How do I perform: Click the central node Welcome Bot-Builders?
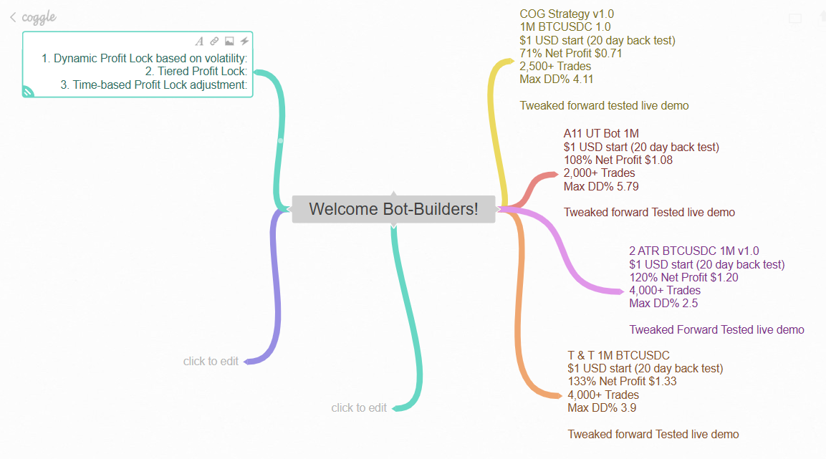pyautogui.click(x=393, y=209)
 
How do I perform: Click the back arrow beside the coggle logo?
pyautogui.click(x=13, y=17)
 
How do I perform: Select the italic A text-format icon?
pyautogui.click(x=199, y=42)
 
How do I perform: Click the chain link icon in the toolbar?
pyautogui.click(x=214, y=42)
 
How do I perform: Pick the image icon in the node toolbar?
pyautogui.click(x=229, y=42)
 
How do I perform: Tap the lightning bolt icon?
pyautogui.click(x=244, y=42)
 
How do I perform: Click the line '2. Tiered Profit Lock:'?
pyautogui.click(x=196, y=72)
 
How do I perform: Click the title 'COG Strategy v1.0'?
pyautogui.click(x=567, y=14)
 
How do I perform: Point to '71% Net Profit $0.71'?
pyautogui.click(x=571, y=53)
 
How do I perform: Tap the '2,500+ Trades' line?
pyautogui.click(x=555, y=67)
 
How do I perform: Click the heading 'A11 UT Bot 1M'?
pyautogui.click(x=601, y=134)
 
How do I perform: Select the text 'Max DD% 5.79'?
pyautogui.click(x=601, y=187)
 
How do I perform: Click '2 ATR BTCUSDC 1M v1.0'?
pyautogui.click(x=693, y=251)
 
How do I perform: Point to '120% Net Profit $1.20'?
pyautogui.click(x=683, y=278)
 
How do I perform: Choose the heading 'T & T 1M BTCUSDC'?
pyautogui.click(x=618, y=355)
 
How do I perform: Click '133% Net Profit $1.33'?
pyautogui.click(x=622, y=382)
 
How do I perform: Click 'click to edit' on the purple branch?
pyautogui.click(x=211, y=362)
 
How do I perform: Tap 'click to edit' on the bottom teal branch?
pyautogui.click(x=359, y=408)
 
